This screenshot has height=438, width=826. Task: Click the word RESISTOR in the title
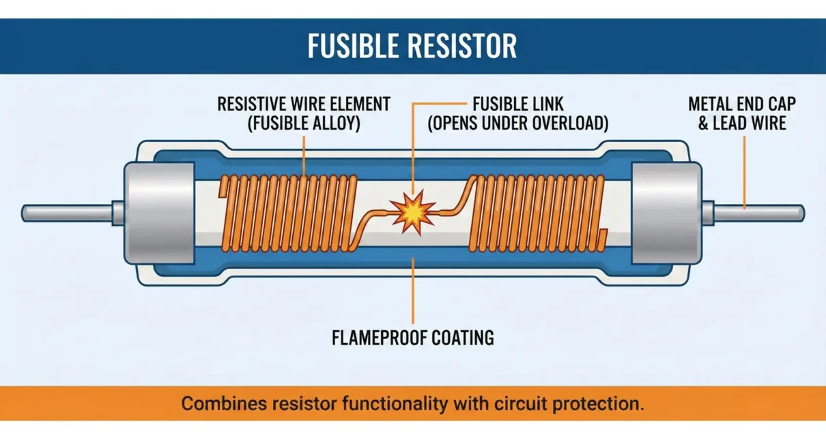(464, 46)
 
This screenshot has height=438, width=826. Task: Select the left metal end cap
(158, 213)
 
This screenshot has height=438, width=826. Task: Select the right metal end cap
(666, 213)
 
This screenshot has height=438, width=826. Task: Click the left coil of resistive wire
(287, 211)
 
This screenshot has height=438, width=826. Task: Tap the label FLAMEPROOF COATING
(412, 338)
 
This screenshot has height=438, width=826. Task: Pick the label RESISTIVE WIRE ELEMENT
(304, 104)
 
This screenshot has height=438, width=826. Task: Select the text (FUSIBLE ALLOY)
(304, 124)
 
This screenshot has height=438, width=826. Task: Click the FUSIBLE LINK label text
(518, 104)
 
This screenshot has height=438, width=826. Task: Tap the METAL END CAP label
(741, 104)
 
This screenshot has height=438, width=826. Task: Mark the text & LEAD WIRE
(741, 123)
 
